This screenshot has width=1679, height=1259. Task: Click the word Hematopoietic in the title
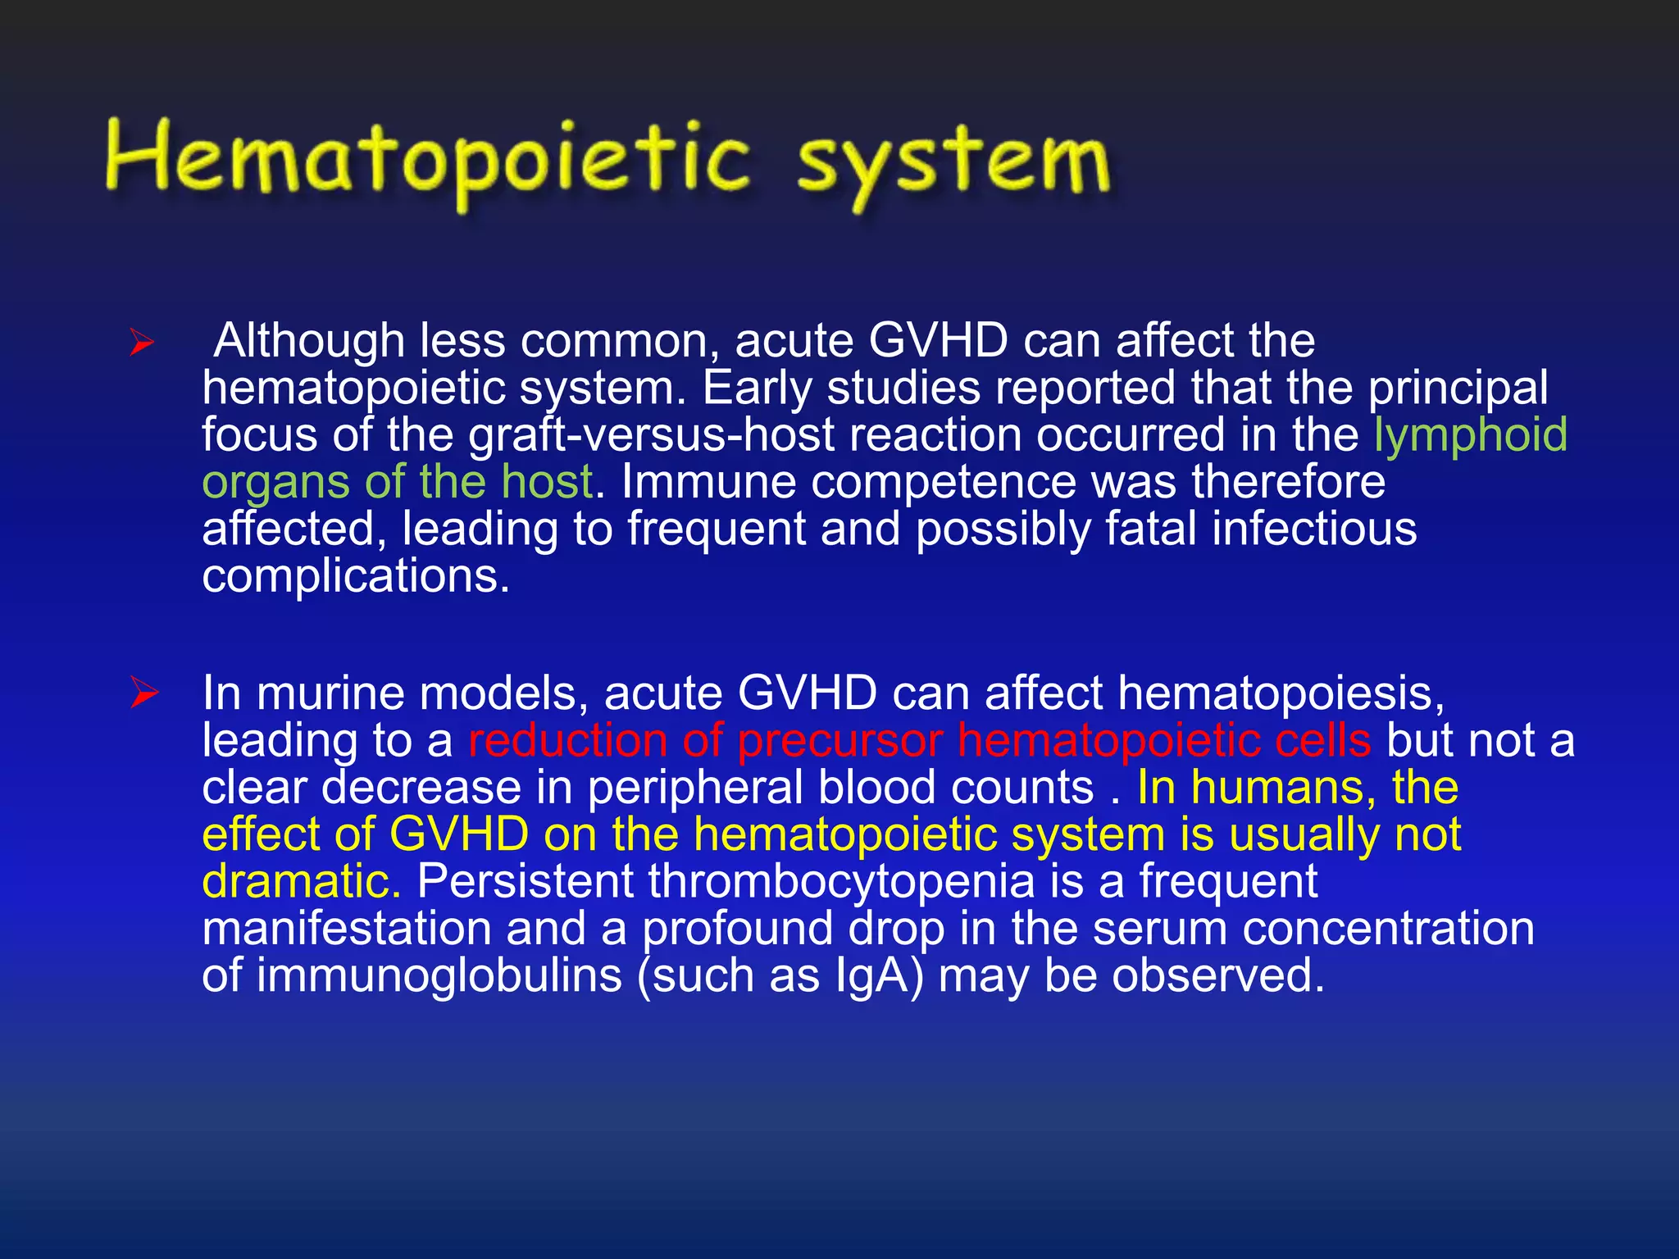(x=426, y=160)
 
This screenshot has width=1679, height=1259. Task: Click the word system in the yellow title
(x=953, y=164)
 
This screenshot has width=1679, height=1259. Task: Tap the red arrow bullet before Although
(x=142, y=343)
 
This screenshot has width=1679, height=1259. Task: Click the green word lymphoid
(x=1470, y=435)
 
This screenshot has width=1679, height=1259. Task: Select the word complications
(x=356, y=576)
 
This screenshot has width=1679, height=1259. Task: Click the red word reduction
(x=567, y=740)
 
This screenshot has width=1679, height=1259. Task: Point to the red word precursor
(x=839, y=742)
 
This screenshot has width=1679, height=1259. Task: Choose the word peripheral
(x=695, y=789)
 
